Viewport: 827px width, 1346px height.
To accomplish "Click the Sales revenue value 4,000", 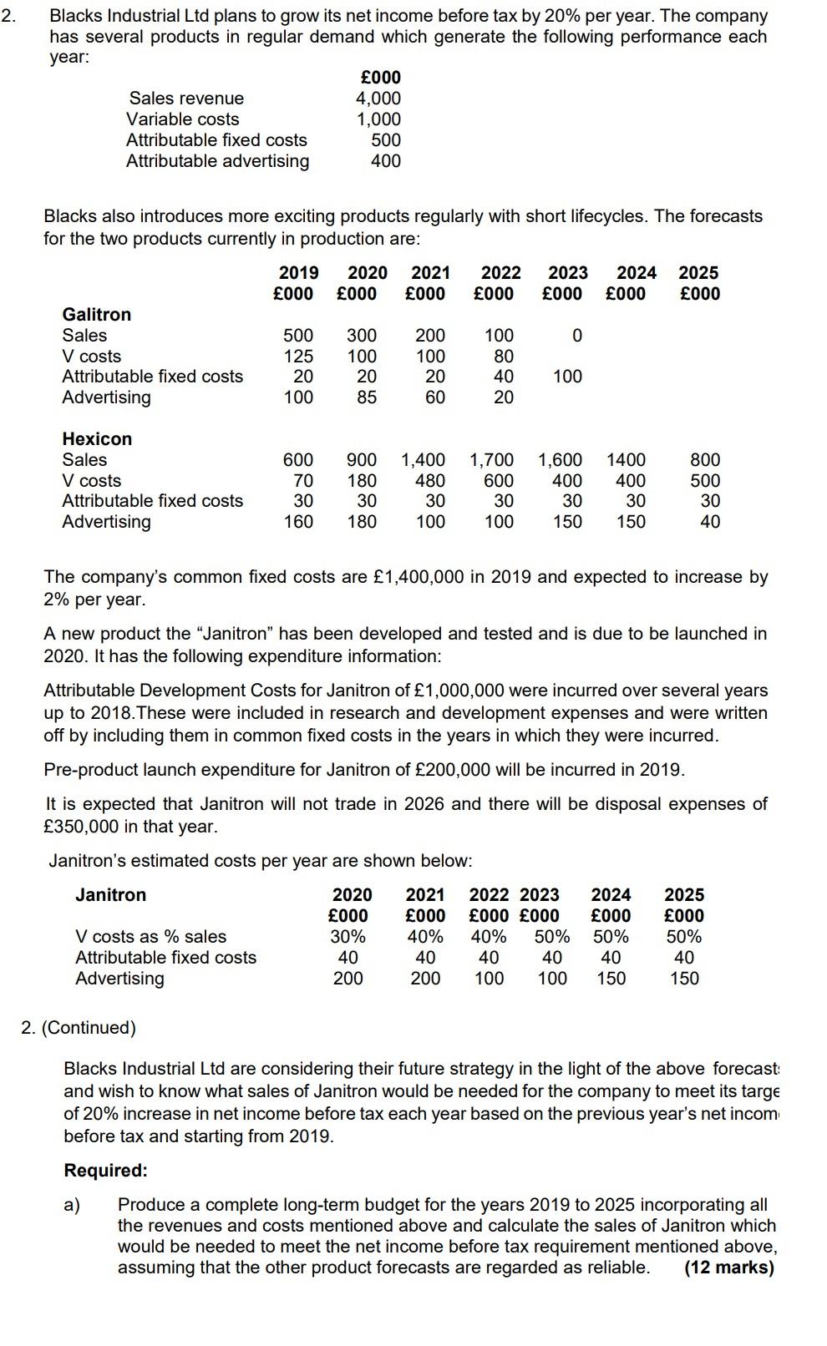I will (x=378, y=99).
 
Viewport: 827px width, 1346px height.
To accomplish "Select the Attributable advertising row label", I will (x=217, y=161).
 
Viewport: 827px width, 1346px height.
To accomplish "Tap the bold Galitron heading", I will (x=97, y=315).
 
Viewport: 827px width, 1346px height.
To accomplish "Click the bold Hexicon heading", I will (x=97, y=439).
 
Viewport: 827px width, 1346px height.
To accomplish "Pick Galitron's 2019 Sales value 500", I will (x=298, y=336).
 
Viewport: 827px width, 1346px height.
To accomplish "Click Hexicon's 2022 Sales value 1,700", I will (x=491, y=460).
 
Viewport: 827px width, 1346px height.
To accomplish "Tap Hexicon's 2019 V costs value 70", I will (x=303, y=481).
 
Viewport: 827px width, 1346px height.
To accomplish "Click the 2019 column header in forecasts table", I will (x=298, y=273).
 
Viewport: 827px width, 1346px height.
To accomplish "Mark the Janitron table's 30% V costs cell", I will (x=348, y=937).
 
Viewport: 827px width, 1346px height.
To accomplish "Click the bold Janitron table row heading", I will (x=110, y=895).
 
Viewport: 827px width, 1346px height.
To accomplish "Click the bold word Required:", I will (x=105, y=1171).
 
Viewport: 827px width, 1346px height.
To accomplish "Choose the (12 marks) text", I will (x=728, y=1268).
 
